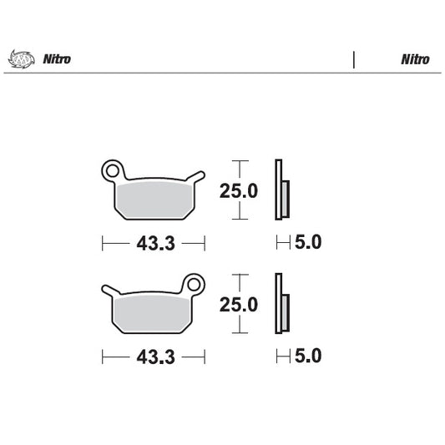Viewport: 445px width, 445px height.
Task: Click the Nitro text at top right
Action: pos(415,59)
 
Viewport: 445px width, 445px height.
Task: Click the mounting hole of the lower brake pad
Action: pos(195,284)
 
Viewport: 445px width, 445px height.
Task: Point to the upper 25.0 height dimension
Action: pos(238,191)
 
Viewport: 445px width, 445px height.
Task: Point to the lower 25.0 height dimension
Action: pos(238,306)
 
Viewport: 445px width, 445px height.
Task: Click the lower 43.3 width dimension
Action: pos(154,357)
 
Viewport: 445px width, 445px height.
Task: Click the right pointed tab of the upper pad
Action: pos(198,176)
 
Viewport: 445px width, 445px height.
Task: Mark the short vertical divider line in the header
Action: pos(354,59)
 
